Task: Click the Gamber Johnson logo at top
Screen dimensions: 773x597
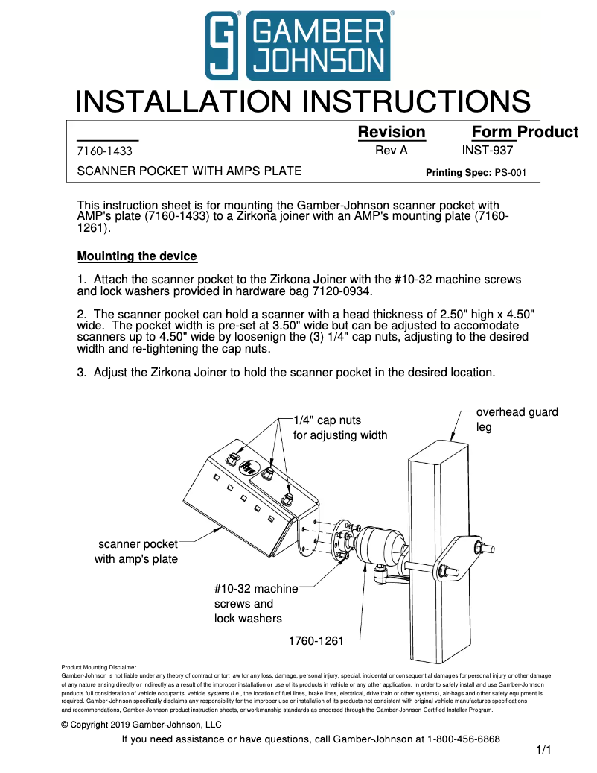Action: [x=298, y=45]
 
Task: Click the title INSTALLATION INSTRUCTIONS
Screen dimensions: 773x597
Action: [x=303, y=102]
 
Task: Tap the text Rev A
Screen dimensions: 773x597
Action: [x=391, y=150]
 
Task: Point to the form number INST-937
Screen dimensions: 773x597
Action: [x=488, y=150]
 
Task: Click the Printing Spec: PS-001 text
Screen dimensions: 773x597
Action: [x=476, y=172]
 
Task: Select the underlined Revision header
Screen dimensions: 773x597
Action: [x=392, y=132]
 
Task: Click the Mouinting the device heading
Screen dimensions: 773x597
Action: [x=137, y=256]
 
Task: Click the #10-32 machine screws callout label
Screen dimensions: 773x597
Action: [x=255, y=603]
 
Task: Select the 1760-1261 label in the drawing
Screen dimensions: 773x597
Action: [x=316, y=640]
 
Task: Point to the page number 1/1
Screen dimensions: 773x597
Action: [x=543, y=751]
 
